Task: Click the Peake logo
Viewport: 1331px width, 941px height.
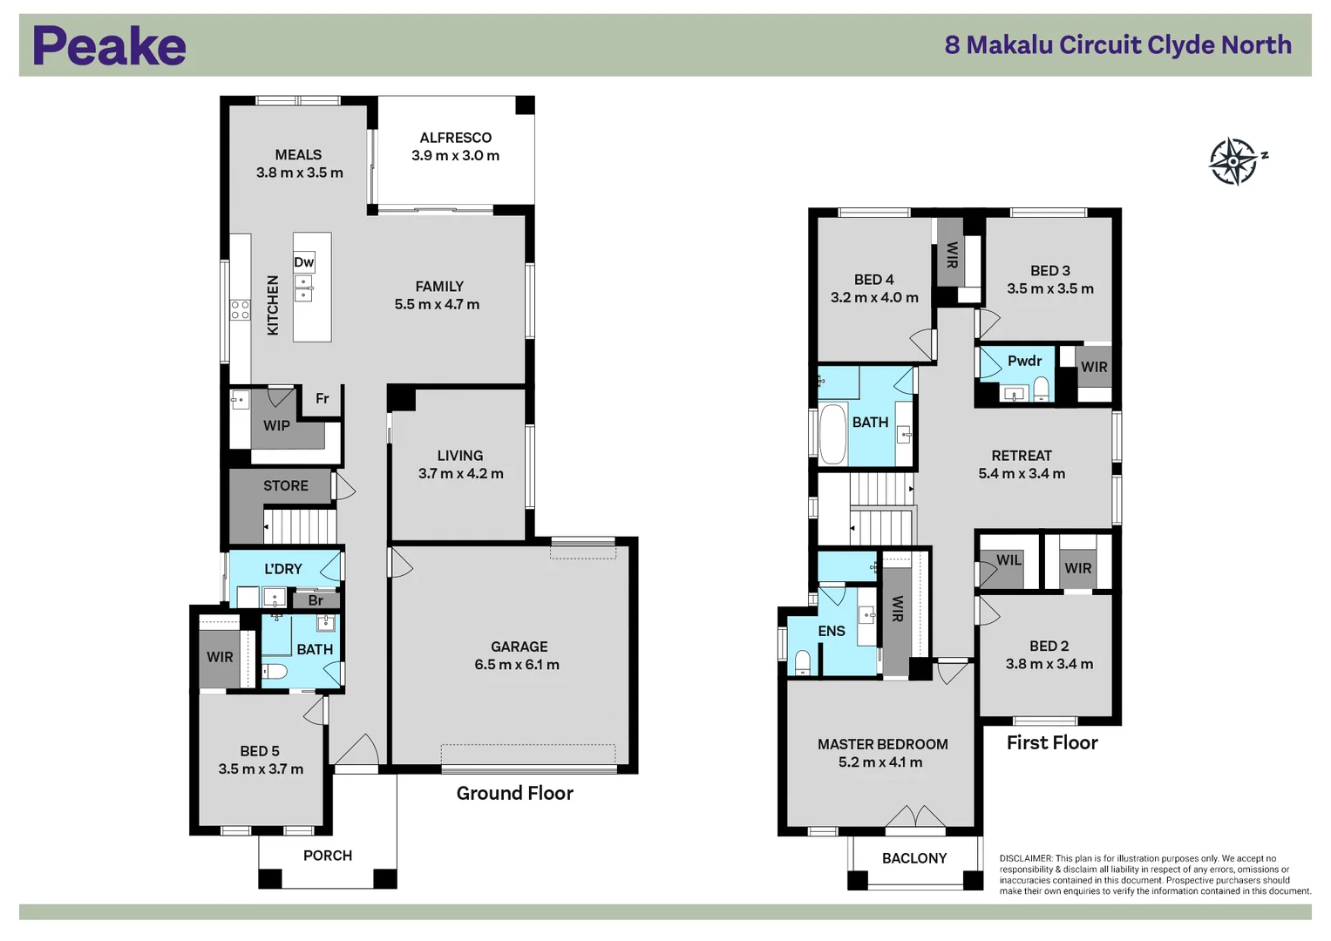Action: point(109,46)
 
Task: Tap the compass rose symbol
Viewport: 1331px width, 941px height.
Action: point(1234,161)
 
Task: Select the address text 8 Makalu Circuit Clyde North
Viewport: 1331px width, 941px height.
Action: point(1117,45)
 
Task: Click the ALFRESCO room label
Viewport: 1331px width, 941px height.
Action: point(455,138)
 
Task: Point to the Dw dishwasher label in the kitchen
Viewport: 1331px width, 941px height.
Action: point(303,262)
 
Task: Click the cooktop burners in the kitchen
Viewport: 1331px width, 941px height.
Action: point(240,309)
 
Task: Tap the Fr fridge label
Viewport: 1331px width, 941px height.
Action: point(322,398)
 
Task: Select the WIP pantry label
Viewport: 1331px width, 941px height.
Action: point(276,426)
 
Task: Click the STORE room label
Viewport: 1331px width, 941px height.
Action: point(285,486)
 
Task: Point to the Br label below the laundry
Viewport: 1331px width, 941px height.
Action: point(316,600)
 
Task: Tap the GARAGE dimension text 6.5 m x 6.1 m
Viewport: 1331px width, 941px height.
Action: point(517,665)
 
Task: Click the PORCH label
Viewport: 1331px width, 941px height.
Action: point(328,856)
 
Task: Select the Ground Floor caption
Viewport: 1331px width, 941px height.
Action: point(514,793)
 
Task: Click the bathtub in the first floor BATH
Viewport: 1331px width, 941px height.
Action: point(832,433)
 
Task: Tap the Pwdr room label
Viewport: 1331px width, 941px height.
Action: point(1024,361)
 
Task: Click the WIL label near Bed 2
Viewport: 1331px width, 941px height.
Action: point(1008,560)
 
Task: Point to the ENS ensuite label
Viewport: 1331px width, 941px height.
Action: point(831,631)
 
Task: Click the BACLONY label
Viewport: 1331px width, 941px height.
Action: point(913,858)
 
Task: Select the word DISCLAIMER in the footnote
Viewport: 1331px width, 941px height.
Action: point(1025,858)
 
